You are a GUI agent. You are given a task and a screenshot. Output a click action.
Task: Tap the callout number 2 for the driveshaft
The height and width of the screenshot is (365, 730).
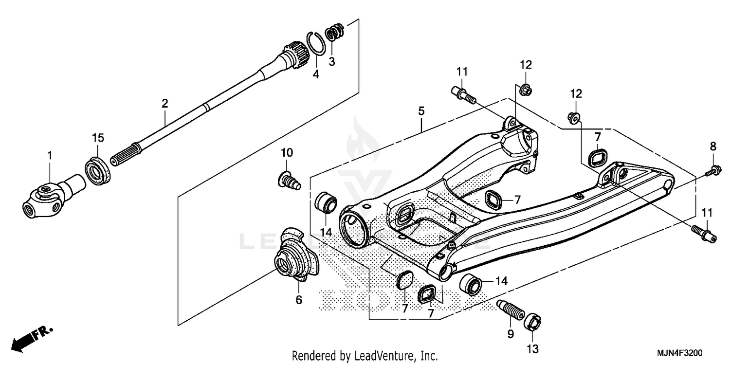click(165, 103)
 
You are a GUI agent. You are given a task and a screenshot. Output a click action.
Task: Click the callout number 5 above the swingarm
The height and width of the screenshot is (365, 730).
click(421, 111)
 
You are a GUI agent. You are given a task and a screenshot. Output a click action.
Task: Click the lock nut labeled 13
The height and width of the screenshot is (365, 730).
click(533, 322)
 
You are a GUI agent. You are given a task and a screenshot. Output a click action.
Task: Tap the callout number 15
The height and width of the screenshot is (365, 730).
click(98, 138)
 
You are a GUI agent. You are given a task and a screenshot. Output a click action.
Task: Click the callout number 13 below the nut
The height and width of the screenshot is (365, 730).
click(532, 348)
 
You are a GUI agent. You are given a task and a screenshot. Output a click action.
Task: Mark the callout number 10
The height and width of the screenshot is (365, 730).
click(287, 152)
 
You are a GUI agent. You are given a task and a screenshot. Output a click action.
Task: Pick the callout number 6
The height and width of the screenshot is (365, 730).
click(299, 300)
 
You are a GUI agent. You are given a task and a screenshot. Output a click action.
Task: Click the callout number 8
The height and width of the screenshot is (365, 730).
click(713, 146)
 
